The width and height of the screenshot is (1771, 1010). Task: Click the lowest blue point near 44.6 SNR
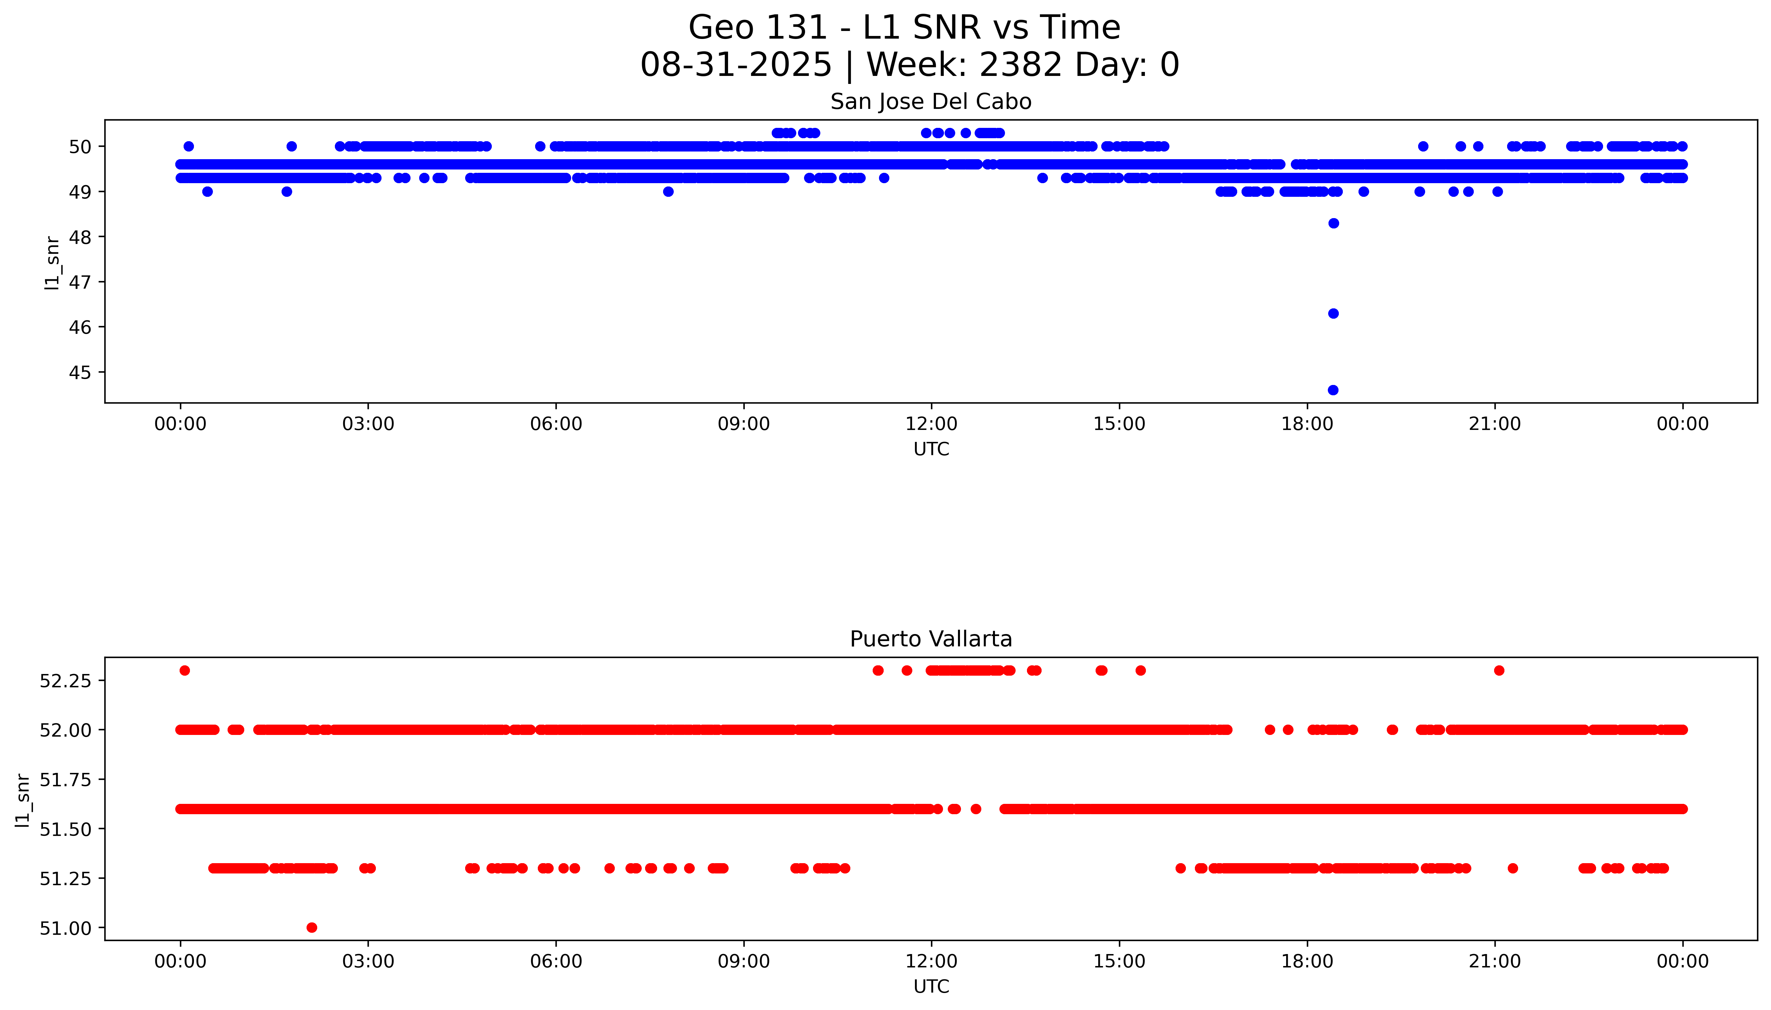[1332, 390]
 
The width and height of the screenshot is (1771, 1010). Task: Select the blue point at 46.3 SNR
[1332, 314]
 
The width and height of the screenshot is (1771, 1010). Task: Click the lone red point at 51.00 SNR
[312, 927]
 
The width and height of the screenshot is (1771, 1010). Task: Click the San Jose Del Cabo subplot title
[931, 102]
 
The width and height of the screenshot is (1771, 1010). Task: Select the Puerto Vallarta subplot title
[931, 639]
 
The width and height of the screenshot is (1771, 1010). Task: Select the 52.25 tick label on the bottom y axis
[65, 681]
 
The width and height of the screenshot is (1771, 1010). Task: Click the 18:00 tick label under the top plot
[1307, 424]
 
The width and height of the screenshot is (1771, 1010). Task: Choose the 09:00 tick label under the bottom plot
[743, 961]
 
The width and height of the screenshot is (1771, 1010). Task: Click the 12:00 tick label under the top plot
[931, 424]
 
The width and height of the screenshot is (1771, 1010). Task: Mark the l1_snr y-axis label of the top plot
[51, 262]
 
